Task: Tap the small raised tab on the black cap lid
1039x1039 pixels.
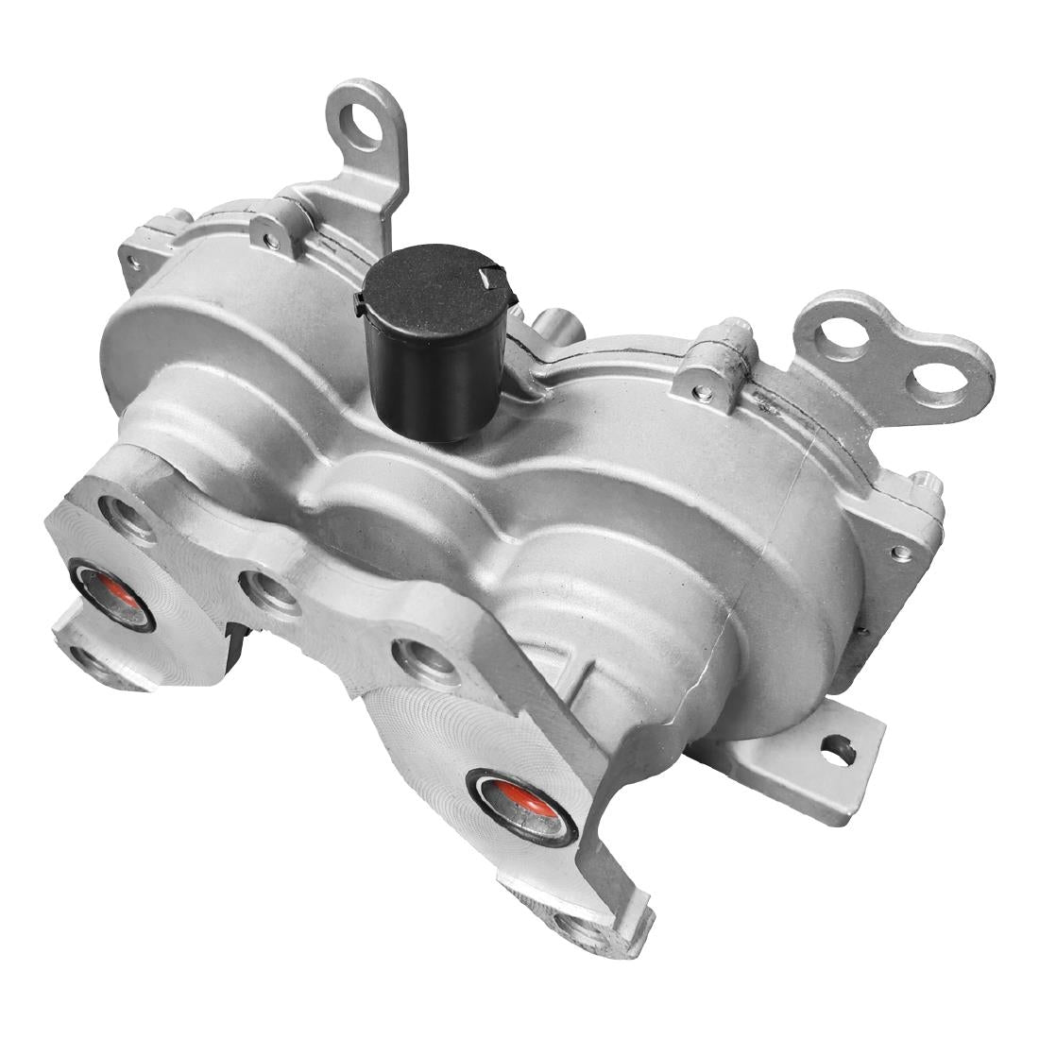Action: [490, 277]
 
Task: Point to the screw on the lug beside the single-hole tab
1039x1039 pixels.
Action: [272, 241]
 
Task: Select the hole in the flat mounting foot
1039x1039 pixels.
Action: [838, 751]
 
